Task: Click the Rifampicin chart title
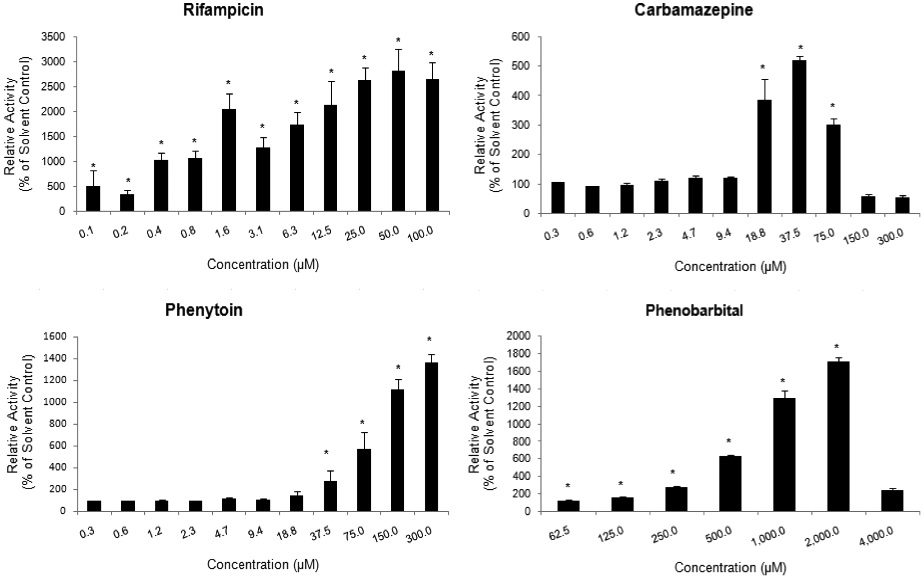coord(223,10)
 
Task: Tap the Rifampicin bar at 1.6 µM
coord(229,160)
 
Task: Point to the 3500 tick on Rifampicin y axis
coord(54,37)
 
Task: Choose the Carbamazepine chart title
coord(694,10)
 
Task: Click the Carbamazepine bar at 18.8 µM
coord(764,157)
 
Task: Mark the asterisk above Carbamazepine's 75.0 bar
coord(833,106)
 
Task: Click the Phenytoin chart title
coord(204,310)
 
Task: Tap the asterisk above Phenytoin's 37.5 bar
coord(326,453)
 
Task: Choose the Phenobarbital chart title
coord(694,310)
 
